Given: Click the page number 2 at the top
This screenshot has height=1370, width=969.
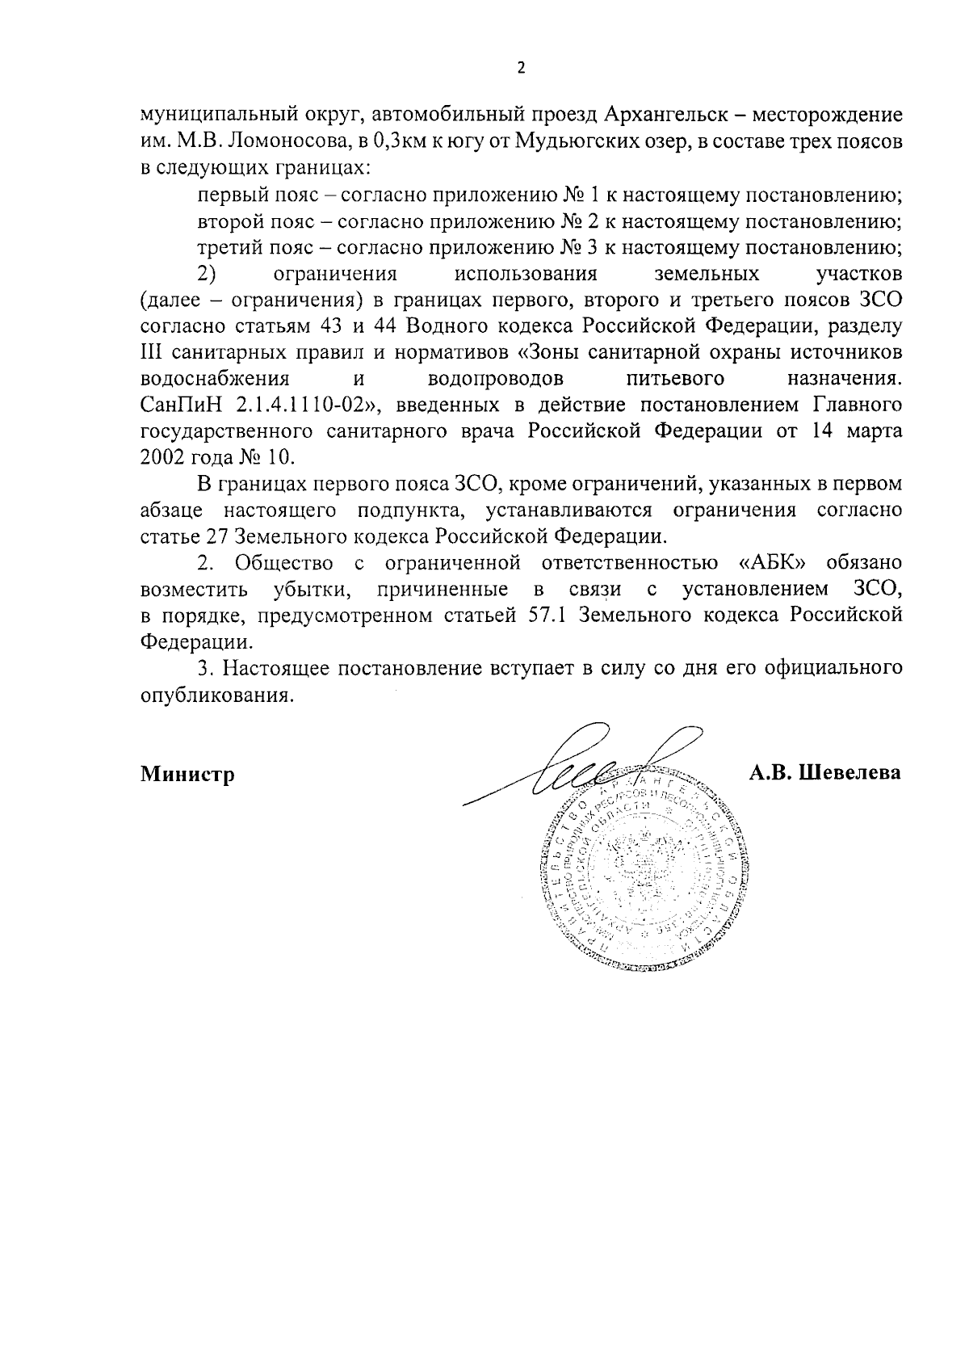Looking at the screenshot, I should (x=520, y=68).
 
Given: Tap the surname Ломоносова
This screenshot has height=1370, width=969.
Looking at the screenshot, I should (x=283, y=142).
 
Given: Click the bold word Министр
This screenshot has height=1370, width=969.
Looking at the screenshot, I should (x=187, y=775).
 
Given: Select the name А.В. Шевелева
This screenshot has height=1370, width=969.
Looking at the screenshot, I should (x=824, y=773).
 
